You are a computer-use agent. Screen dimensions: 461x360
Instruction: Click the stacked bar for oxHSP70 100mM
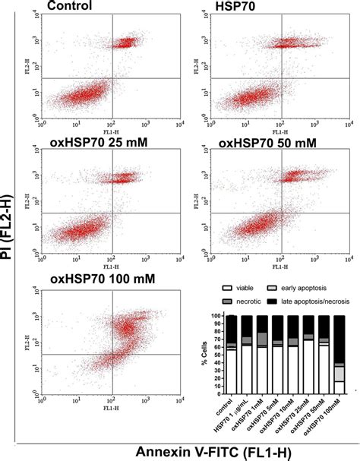(339, 356)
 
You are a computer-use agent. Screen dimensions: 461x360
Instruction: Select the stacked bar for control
(232, 356)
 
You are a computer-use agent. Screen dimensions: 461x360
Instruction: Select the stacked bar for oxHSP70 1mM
(262, 356)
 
